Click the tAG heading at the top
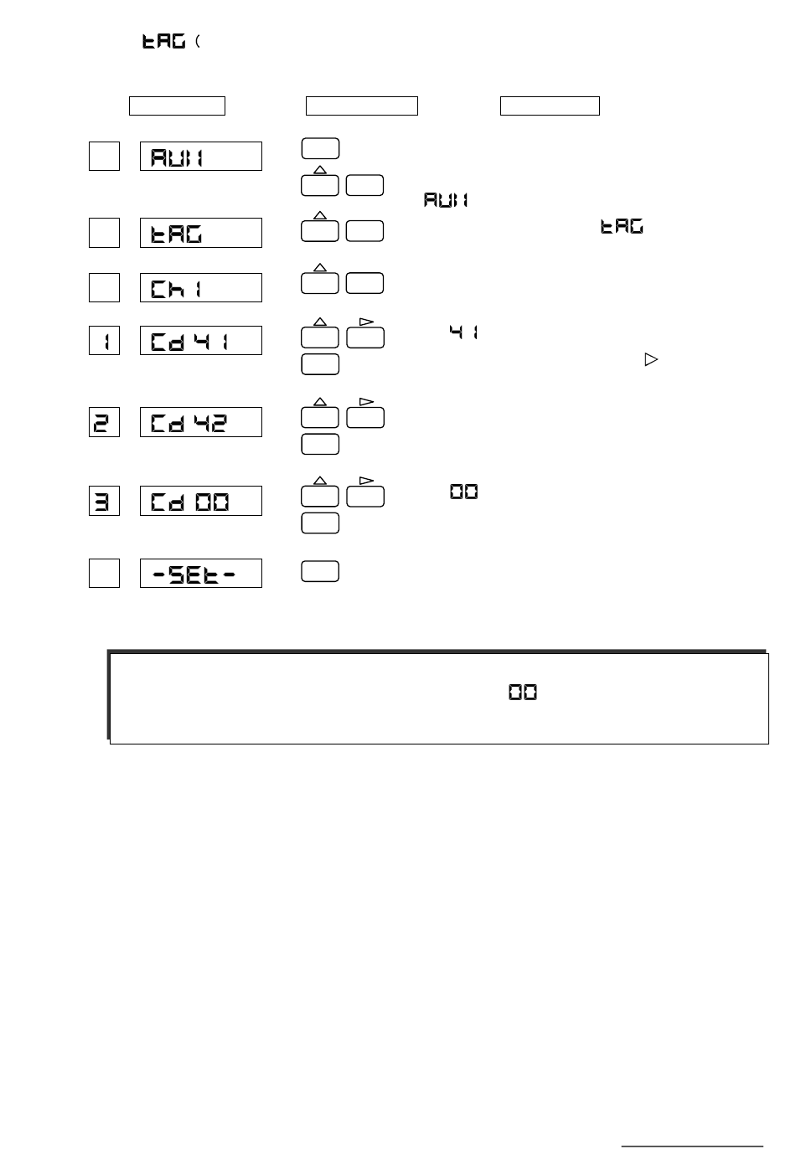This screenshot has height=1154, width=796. click(163, 41)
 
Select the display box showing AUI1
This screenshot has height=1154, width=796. click(201, 157)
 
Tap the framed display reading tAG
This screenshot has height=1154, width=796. click(201, 233)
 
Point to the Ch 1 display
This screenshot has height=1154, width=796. click(201, 287)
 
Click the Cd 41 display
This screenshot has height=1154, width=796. click(201, 341)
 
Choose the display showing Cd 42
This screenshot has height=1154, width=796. click(201, 422)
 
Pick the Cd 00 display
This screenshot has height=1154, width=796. click(201, 501)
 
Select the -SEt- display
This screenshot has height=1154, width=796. click(201, 573)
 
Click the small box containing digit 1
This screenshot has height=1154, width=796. click(105, 341)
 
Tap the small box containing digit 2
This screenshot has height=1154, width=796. click(105, 422)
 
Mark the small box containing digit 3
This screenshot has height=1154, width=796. click(105, 501)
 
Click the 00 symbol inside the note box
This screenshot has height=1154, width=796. click(523, 693)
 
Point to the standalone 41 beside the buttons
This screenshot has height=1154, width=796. click(463, 332)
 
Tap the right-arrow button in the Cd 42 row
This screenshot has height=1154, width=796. click(365, 416)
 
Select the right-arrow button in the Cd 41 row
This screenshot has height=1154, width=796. click(365, 335)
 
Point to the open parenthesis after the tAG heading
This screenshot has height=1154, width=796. click(198, 41)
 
